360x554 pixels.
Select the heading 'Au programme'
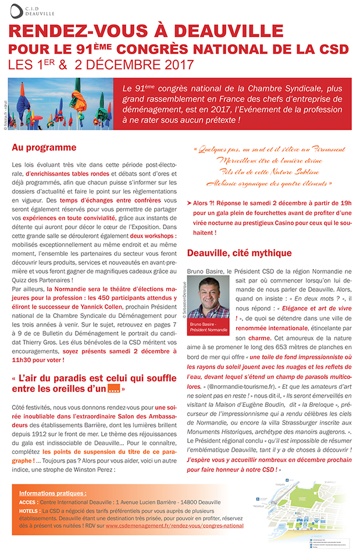44,148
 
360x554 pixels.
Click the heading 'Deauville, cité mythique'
239,253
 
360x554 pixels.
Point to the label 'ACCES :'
28,502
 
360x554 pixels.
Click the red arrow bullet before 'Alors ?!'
190,203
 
